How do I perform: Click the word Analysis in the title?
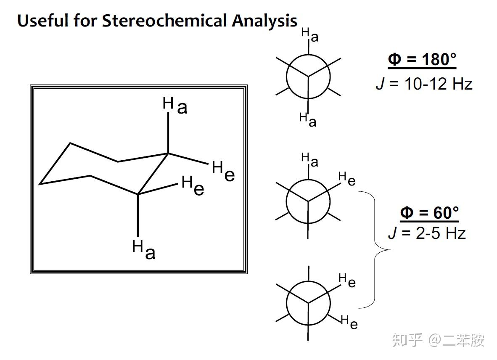(x=264, y=21)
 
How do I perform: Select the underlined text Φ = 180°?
(x=422, y=60)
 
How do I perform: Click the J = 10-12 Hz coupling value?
(x=424, y=84)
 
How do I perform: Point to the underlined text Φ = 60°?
(x=429, y=213)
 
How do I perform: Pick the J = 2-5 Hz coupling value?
(x=427, y=233)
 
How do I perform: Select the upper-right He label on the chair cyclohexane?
(x=223, y=171)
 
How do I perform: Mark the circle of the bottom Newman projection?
(x=308, y=303)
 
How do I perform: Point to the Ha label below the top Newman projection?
(x=307, y=119)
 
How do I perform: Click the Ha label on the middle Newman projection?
(x=309, y=159)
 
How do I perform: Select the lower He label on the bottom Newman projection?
(x=349, y=322)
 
